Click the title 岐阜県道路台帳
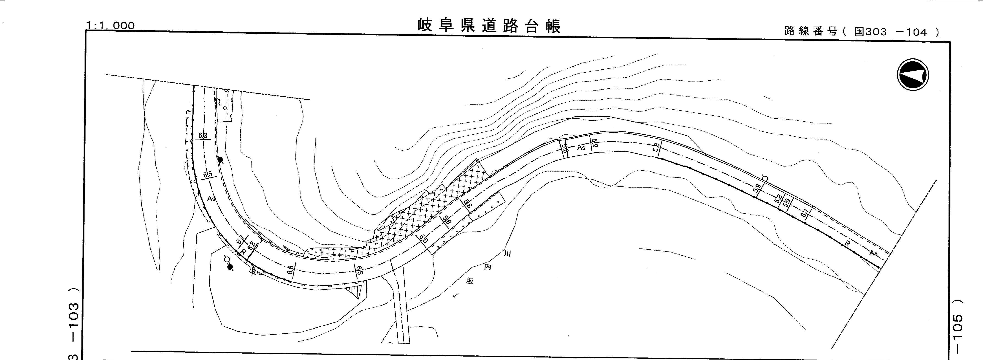[x=489, y=26]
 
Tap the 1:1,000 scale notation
[x=110, y=26]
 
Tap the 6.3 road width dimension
[x=203, y=136]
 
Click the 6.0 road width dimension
[x=423, y=240]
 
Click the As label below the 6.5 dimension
[x=211, y=199]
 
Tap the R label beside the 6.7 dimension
[x=243, y=252]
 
